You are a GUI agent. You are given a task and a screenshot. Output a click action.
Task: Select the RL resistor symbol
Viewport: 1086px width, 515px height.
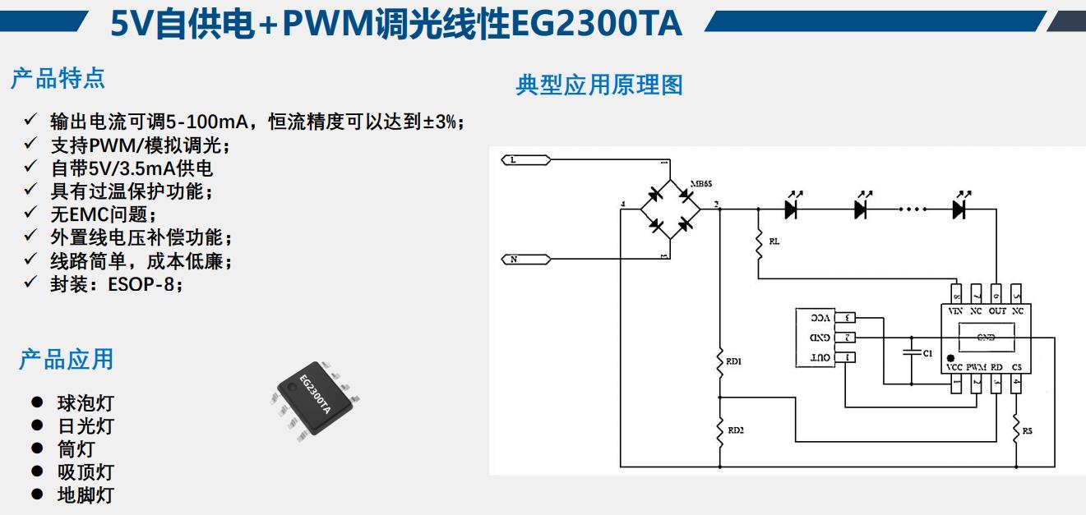(758, 243)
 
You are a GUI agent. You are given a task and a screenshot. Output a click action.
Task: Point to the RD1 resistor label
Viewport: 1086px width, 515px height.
(733, 361)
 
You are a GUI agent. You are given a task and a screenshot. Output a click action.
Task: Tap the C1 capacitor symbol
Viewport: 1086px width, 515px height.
(911, 352)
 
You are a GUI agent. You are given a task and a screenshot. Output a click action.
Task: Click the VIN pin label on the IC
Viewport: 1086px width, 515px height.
(955, 311)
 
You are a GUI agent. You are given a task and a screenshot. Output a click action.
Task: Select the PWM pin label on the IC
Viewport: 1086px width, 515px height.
(976, 367)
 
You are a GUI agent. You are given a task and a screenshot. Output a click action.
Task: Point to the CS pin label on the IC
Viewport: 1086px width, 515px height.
(1017, 367)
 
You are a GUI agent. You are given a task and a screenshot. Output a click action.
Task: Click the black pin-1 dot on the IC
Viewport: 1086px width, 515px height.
(950, 358)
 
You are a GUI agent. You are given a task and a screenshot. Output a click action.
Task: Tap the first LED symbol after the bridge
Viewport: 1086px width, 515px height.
(791, 209)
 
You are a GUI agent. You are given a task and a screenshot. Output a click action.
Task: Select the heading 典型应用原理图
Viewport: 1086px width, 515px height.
(599, 85)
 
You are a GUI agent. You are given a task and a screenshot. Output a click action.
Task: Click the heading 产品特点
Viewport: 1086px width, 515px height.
(58, 79)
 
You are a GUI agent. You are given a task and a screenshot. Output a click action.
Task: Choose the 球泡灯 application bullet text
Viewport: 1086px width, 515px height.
(85, 403)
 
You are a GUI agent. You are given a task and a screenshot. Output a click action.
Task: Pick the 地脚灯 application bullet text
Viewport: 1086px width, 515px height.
(85, 495)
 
